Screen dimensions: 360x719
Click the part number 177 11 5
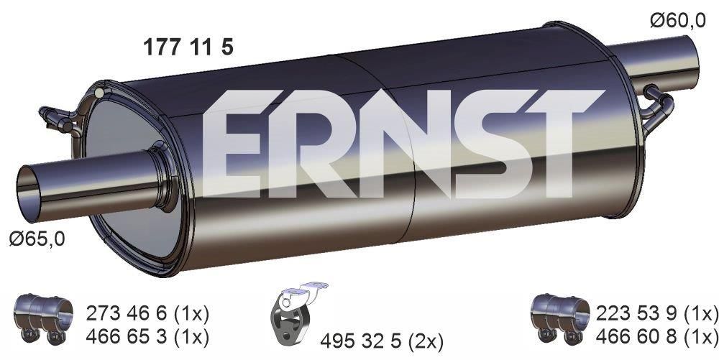pos(189,47)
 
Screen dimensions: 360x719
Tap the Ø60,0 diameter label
pos(677,22)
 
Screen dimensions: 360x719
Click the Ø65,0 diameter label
pos(36,238)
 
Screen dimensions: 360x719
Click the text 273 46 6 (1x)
pos(147,313)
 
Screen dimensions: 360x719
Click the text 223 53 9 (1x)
pos(656,313)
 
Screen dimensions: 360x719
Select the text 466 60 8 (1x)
pos(656,335)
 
